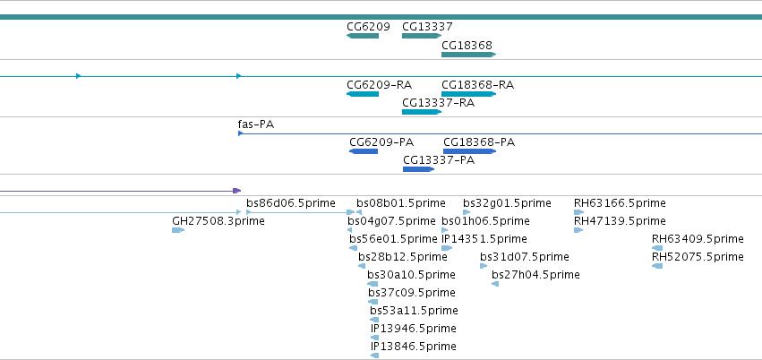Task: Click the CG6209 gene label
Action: [x=368, y=27]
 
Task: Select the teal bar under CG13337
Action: [x=422, y=36]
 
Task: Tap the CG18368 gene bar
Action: [x=468, y=55]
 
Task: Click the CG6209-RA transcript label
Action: [x=379, y=85]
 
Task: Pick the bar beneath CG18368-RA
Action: [x=468, y=94]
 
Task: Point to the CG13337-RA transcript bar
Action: [x=422, y=112]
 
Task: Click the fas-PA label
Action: [x=256, y=124]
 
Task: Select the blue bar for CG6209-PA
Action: [x=364, y=151]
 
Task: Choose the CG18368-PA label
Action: [x=479, y=142]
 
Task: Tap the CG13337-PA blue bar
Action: [x=418, y=169]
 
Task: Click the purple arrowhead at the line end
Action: [x=237, y=191]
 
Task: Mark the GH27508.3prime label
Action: [x=218, y=221]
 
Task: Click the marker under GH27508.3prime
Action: [x=178, y=230]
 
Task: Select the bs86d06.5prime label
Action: [x=291, y=203]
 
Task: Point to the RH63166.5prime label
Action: [x=620, y=203]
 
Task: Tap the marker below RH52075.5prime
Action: [x=657, y=266]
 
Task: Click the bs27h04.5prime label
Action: [x=535, y=275]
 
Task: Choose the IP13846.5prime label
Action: [x=414, y=347]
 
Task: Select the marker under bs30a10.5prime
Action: [x=372, y=284]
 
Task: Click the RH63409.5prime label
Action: [x=698, y=239]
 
